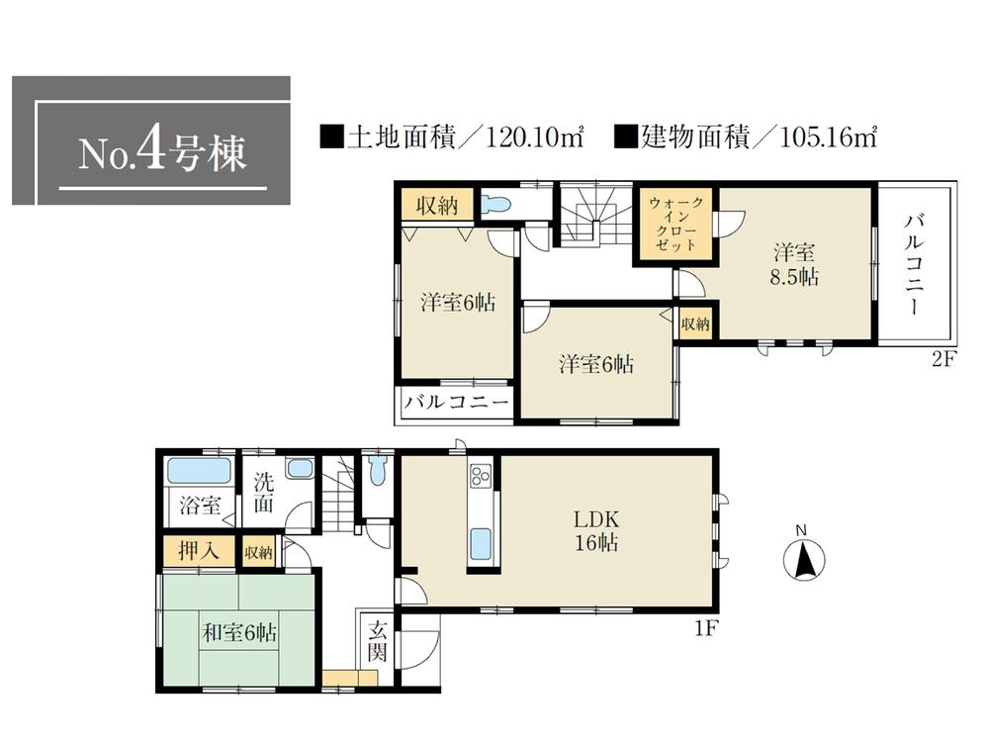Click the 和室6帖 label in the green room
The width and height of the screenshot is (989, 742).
pos(239,632)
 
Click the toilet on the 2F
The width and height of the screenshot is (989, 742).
pos(496,205)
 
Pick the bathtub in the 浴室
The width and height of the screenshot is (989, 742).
pos(199,470)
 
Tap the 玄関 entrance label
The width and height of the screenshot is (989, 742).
pos(378,641)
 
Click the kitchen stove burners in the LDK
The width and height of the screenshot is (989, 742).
pos(480,477)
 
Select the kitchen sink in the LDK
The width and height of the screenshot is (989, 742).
pos(480,542)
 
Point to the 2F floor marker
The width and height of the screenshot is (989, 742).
pos(941,359)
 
